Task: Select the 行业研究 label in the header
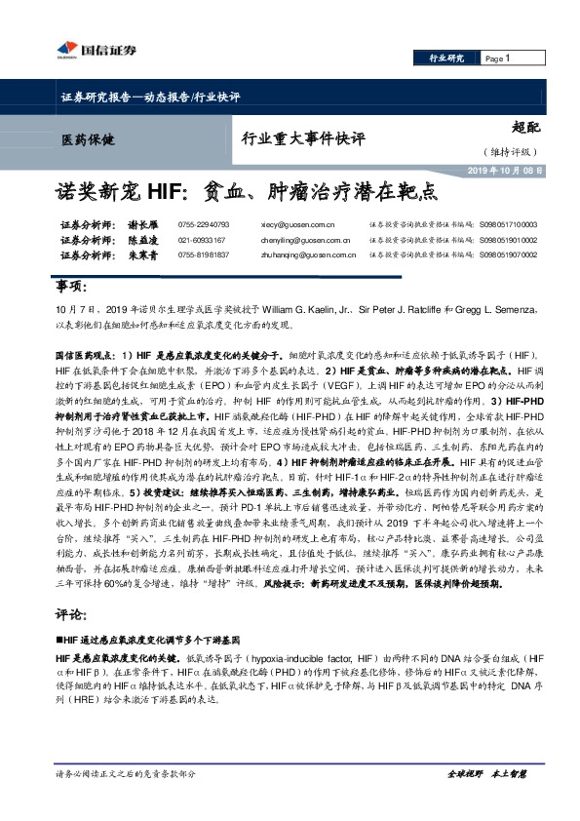(x=447, y=59)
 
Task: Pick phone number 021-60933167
(x=202, y=239)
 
